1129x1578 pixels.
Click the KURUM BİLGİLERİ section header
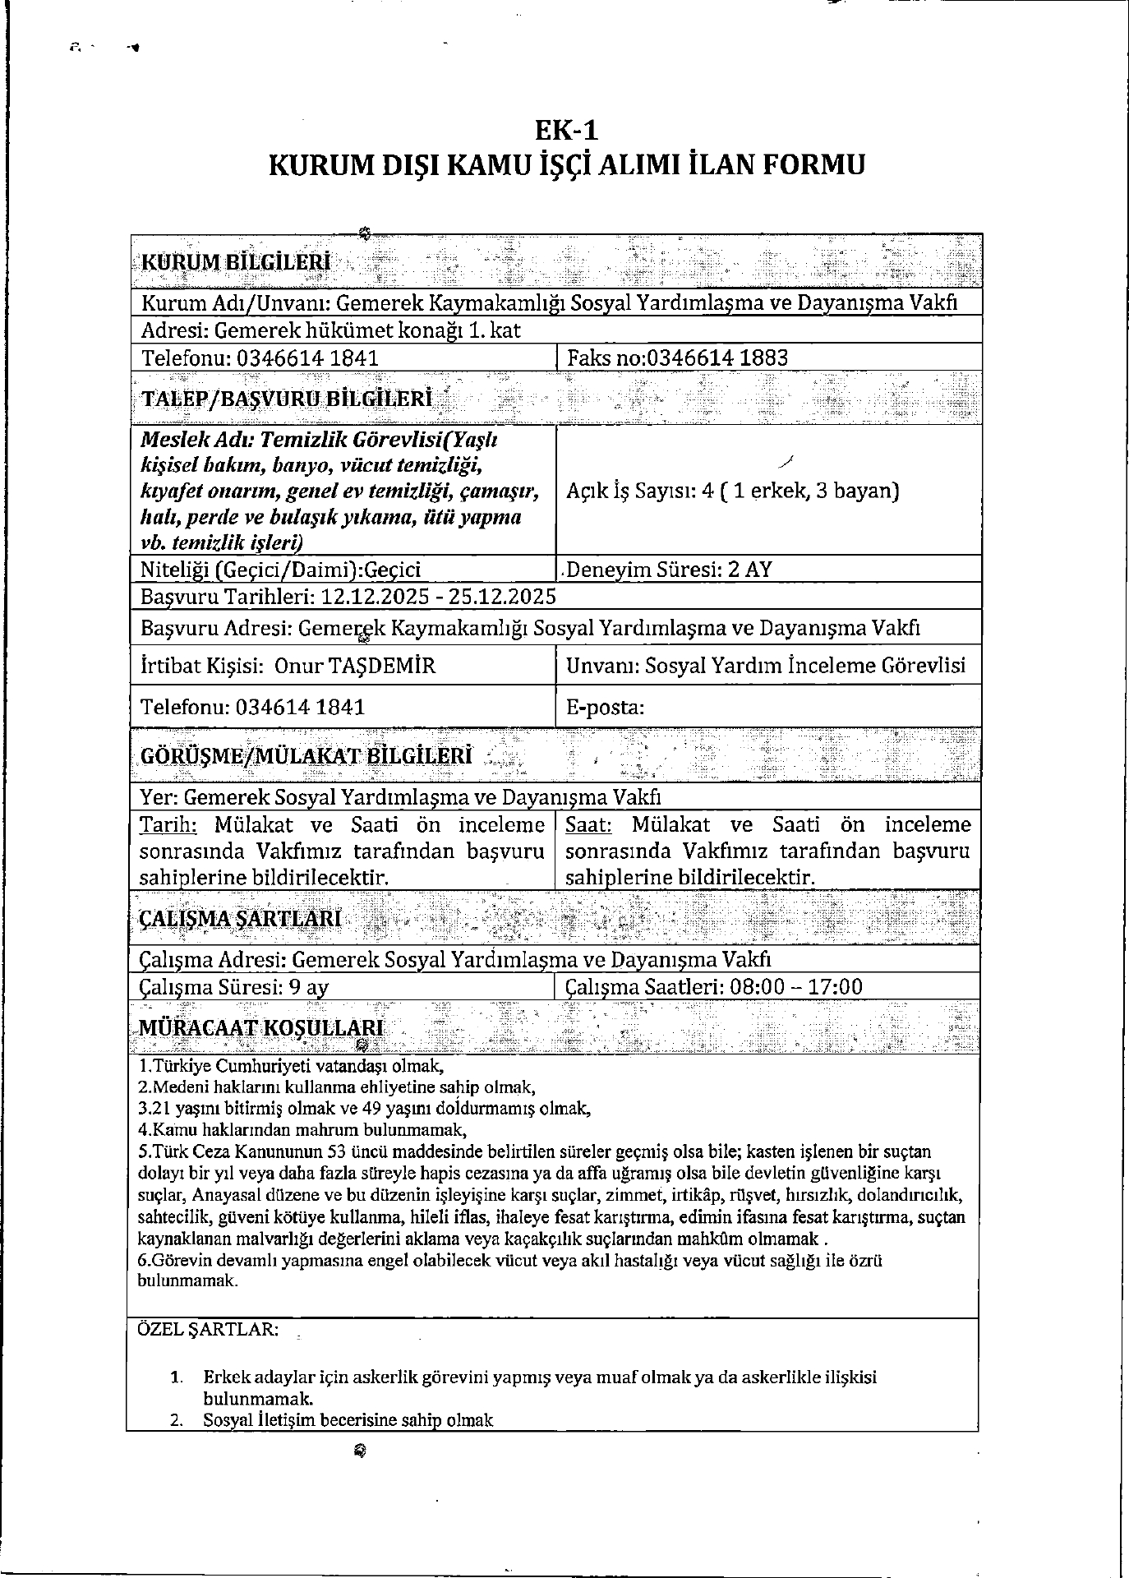click(x=237, y=262)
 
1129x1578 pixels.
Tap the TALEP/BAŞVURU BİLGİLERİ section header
click(x=287, y=399)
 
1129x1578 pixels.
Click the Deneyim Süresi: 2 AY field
click(x=669, y=570)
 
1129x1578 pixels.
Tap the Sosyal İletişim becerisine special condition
click(x=348, y=1419)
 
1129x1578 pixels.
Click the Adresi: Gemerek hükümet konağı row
click(x=331, y=330)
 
